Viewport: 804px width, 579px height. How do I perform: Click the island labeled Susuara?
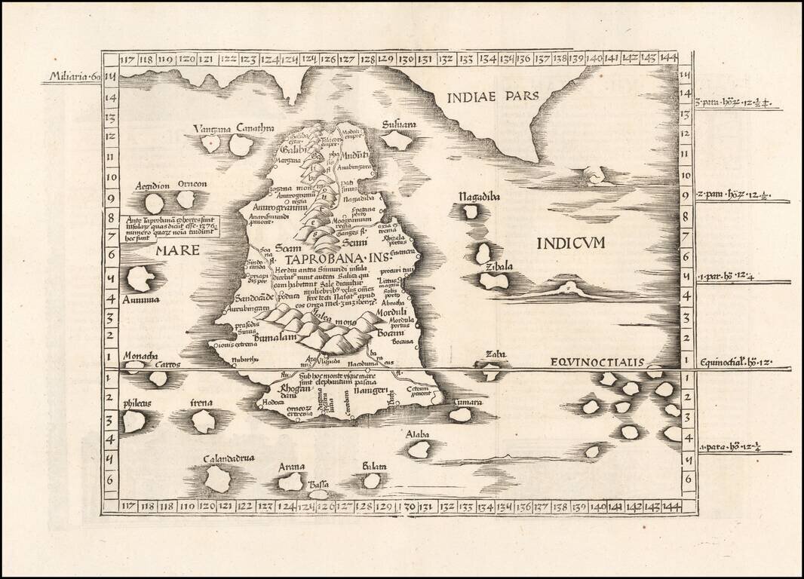click(397, 140)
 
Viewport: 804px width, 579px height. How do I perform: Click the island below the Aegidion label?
click(154, 204)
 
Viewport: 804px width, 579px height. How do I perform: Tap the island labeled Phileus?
click(134, 421)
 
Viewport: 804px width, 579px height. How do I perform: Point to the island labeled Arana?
click(290, 481)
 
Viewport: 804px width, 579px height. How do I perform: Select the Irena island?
click(203, 421)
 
